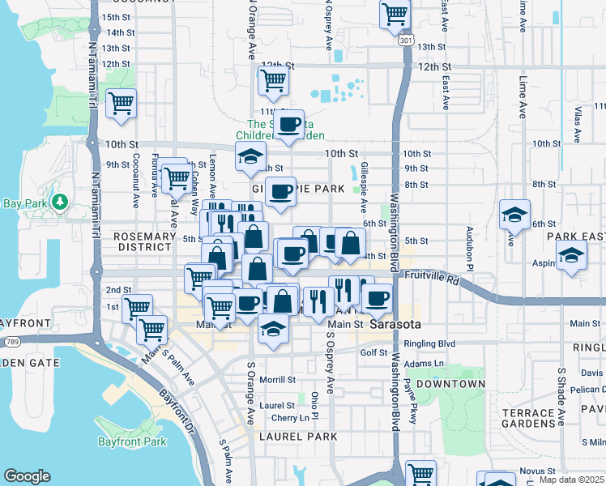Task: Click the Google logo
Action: pos(27,476)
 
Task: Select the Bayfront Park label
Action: pos(132,441)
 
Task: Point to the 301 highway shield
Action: pos(406,40)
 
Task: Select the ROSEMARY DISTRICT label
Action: pos(134,241)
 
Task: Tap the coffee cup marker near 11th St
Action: pos(289,124)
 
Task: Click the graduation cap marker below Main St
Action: pos(273,329)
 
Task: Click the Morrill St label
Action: pos(278,379)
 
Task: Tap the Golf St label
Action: pos(374,352)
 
